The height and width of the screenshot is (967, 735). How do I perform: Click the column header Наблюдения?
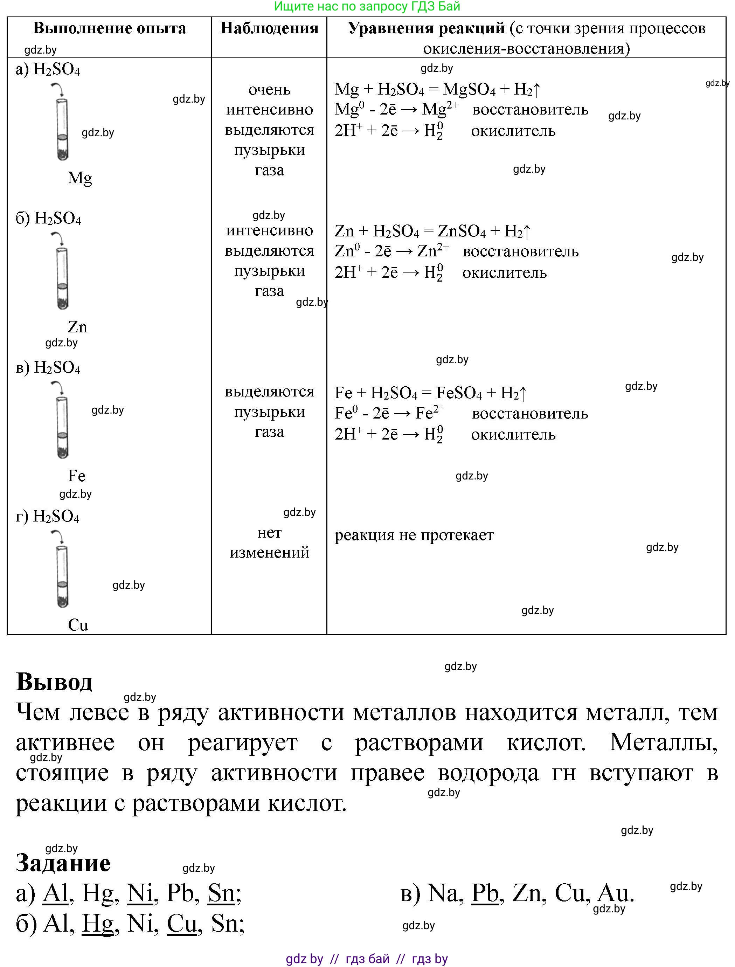tap(269, 28)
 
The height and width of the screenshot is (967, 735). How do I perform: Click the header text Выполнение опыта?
tap(109, 28)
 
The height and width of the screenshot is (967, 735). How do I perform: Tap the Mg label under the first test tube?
tap(79, 178)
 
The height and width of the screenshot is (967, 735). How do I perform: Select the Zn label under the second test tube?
tap(77, 327)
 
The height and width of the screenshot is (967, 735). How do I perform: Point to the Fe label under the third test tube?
tap(77, 476)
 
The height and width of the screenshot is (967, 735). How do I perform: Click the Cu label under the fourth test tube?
tap(78, 625)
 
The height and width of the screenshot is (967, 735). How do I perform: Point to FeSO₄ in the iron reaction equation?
tap(458, 393)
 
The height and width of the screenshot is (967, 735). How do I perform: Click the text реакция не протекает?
tap(414, 535)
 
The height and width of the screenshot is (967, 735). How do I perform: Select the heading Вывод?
tap(54, 682)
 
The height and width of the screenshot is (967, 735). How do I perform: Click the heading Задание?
tap(63, 863)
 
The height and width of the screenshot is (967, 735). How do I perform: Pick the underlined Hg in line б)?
tap(98, 924)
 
